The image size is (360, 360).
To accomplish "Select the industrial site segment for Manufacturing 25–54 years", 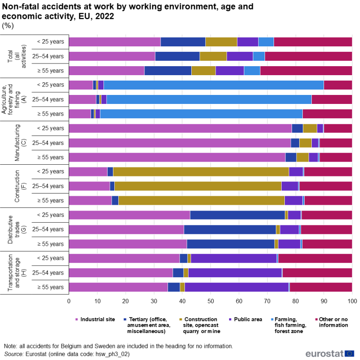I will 180,143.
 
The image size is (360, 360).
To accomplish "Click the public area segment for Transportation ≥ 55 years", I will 237,287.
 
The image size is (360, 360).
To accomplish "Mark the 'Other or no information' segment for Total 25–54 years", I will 308,56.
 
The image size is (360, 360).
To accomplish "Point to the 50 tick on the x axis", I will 211,301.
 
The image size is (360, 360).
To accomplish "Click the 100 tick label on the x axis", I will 352,301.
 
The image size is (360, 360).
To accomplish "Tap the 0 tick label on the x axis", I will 69,301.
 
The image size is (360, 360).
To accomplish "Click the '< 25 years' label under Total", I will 50,42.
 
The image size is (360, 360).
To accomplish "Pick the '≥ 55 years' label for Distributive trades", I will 50,244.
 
